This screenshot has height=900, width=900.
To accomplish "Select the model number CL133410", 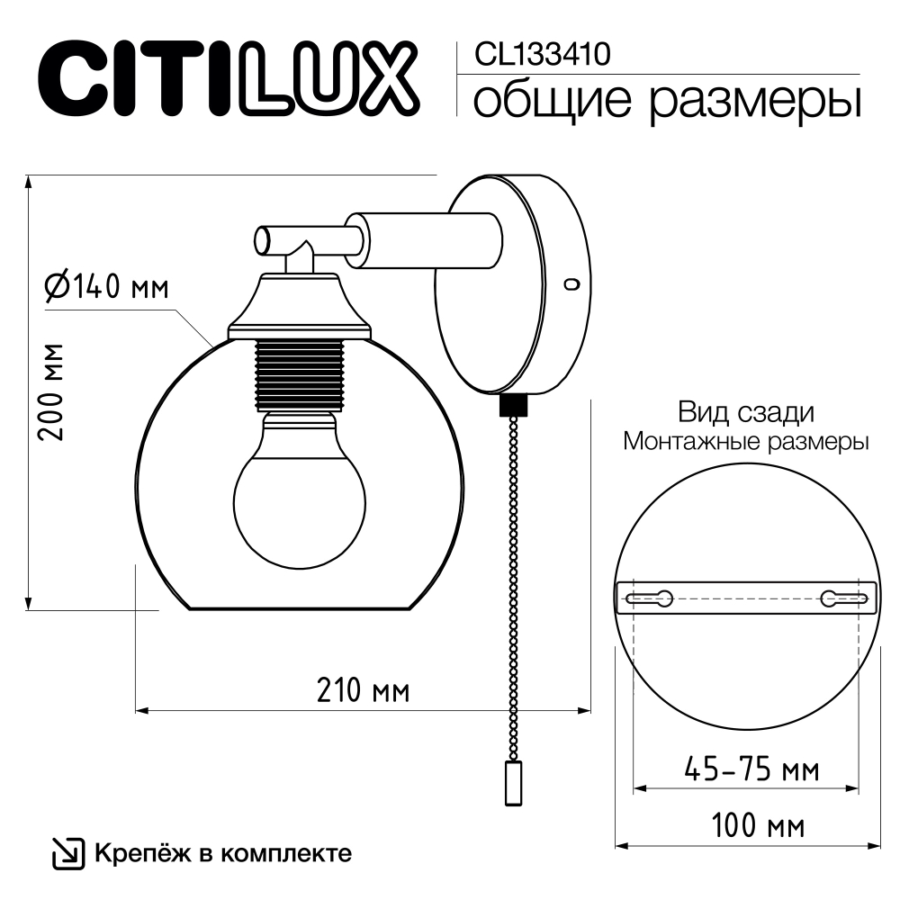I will (x=535, y=56).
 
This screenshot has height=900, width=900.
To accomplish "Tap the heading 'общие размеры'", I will (x=667, y=100).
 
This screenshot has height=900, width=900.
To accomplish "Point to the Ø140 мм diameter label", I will (x=107, y=287).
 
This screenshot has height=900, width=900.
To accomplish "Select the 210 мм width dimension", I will (x=363, y=690).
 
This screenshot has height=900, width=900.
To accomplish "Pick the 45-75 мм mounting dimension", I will (x=751, y=769).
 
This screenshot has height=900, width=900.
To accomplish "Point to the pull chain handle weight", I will (x=514, y=781).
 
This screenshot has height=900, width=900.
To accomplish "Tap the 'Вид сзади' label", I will (x=746, y=413).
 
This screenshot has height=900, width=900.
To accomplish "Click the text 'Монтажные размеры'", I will (x=746, y=442).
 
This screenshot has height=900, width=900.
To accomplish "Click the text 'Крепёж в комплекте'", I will (x=222, y=852).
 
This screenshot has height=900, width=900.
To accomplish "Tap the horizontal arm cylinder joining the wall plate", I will (x=423, y=239).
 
